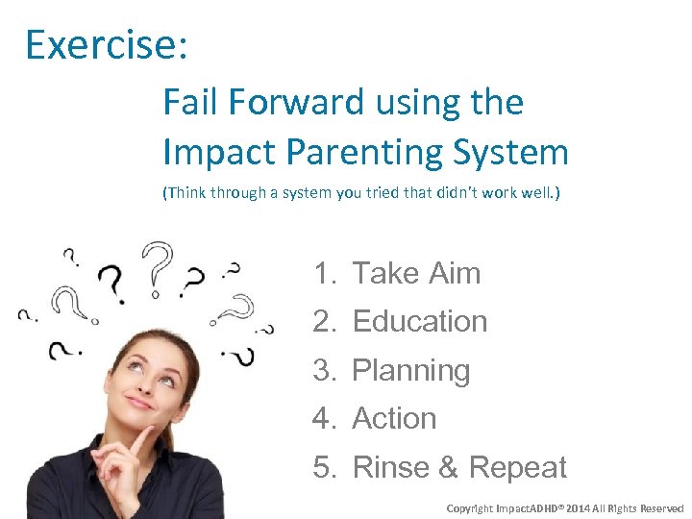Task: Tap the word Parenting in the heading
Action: coord(360,152)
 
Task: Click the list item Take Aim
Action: coord(416,274)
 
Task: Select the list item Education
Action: coord(420,322)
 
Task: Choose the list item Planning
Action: coord(411,370)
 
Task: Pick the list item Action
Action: coord(394,419)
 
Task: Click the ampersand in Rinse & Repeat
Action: coord(447,468)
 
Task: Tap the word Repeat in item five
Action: coord(518,468)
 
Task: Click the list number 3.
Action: coord(323,370)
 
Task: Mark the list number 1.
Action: coord(323,274)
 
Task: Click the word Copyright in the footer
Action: coord(472,507)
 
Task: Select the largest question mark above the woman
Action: coord(157,266)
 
